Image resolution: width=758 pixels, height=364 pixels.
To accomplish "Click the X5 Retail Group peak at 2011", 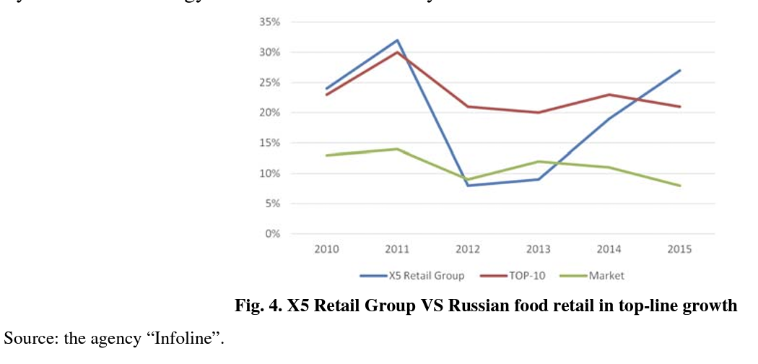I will pyautogui.click(x=397, y=40).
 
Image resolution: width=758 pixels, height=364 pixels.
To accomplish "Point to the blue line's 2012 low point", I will pyautogui.click(x=468, y=186).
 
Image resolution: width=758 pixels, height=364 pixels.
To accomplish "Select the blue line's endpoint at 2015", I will pyautogui.click(x=680, y=71).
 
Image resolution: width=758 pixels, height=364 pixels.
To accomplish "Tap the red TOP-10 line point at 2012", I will pyautogui.click(x=468, y=107).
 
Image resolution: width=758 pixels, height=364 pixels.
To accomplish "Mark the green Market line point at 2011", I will pyautogui.click(x=397, y=149).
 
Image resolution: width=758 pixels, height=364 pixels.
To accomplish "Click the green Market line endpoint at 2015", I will pyautogui.click(x=680, y=186).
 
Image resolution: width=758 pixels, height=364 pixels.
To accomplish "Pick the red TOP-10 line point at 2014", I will pyautogui.click(x=609, y=95).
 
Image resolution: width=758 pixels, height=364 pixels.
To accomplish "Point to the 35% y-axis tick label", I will pyautogui.click(x=269, y=22).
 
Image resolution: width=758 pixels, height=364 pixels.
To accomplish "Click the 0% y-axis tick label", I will pyautogui.click(x=272, y=234).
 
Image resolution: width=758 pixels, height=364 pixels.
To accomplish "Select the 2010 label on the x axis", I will pyautogui.click(x=326, y=249).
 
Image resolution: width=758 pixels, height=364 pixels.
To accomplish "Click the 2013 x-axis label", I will pyautogui.click(x=539, y=249).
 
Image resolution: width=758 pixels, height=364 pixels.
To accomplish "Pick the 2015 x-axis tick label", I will pyautogui.click(x=680, y=249).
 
